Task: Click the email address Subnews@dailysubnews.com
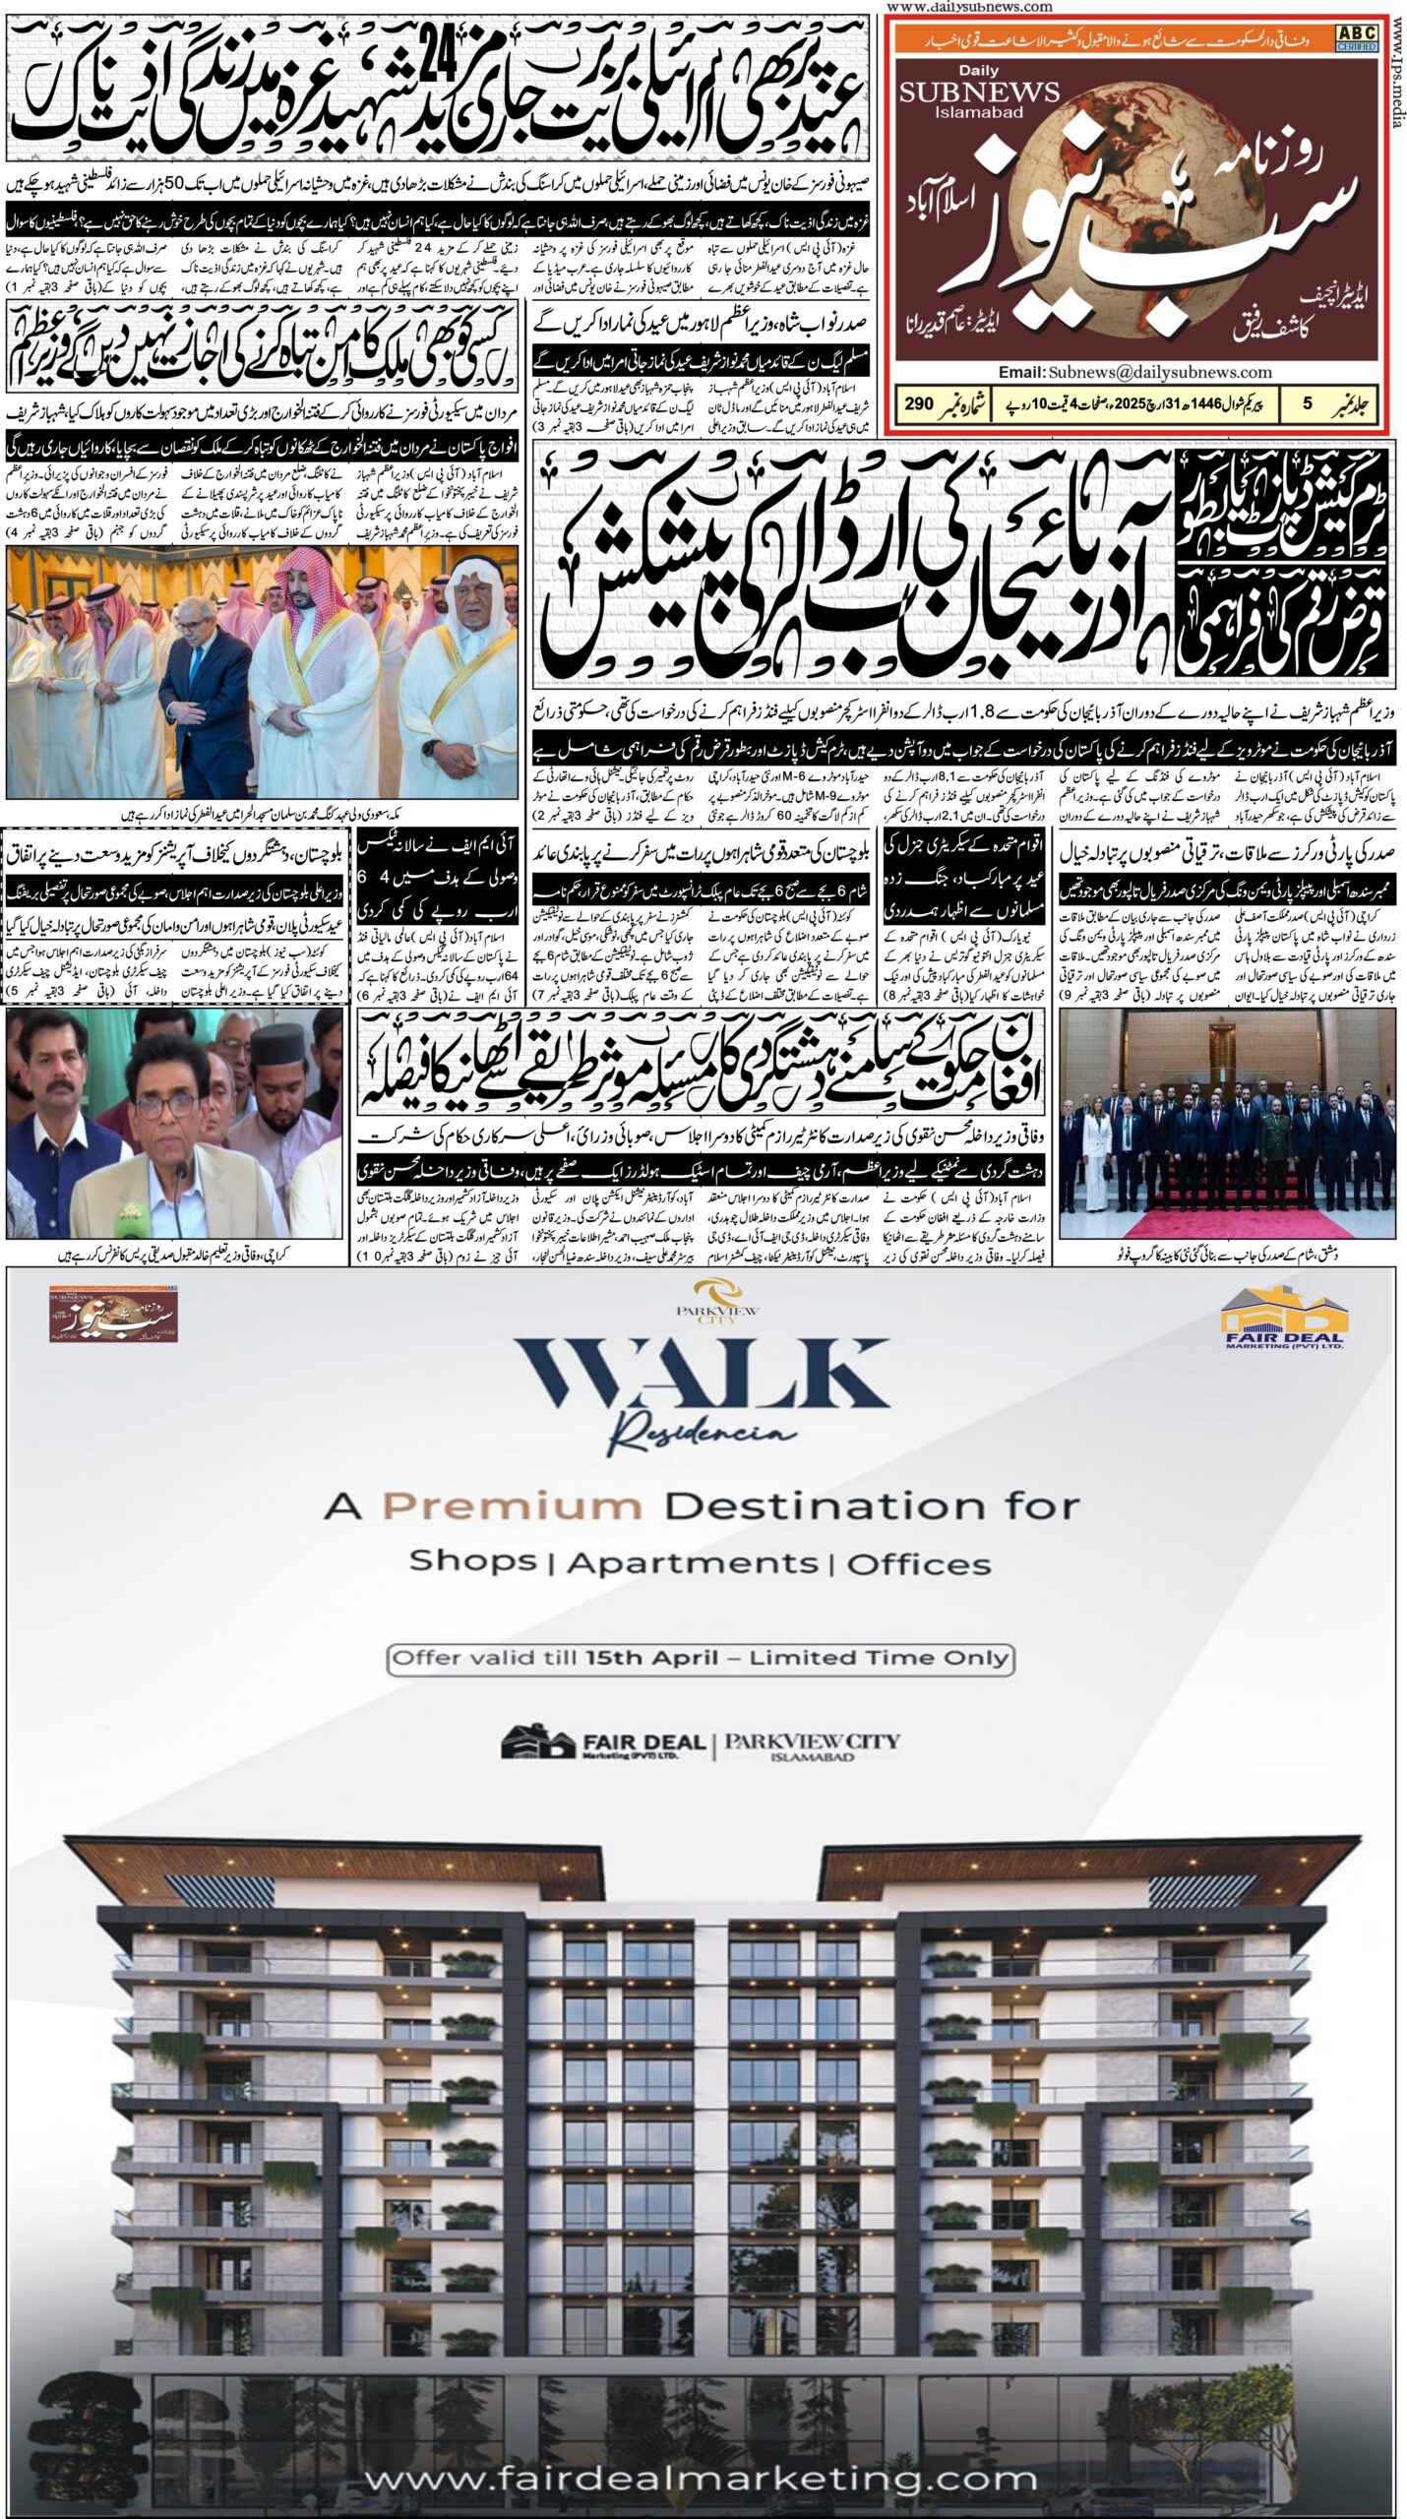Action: pyautogui.click(x=1135, y=372)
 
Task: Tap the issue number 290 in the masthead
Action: pyautogui.click(x=920, y=403)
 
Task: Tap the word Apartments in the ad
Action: pyautogui.click(x=693, y=1564)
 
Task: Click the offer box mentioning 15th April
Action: pyautogui.click(x=702, y=1658)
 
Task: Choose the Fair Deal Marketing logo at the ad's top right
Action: pyautogui.click(x=1282, y=1318)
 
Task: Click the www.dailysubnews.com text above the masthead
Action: pyautogui.click(x=969, y=7)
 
